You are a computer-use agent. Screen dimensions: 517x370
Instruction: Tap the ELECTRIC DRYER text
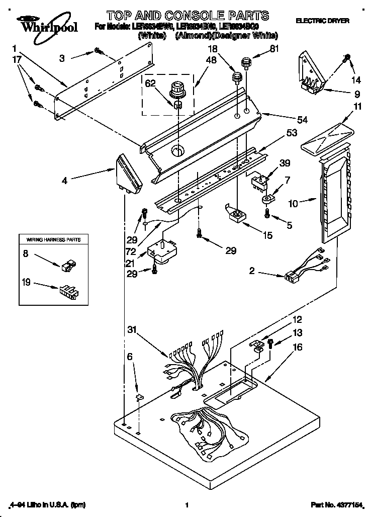[322, 21]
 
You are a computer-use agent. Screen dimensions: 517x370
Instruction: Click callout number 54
[302, 120]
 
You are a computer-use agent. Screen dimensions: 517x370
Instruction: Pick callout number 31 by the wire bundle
[131, 330]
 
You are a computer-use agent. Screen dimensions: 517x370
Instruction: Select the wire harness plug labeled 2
[291, 275]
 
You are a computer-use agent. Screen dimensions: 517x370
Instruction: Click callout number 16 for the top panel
[298, 347]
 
